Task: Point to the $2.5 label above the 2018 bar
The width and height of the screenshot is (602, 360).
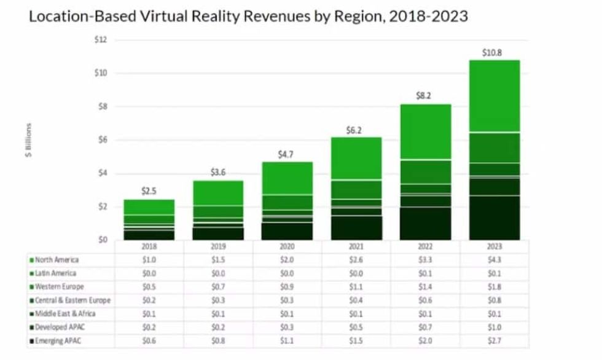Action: pyautogui.click(x=149, y=191)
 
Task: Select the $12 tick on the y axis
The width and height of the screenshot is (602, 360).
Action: pyautogui.click(x=100, y=40)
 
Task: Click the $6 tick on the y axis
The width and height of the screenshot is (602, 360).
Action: pyautogui.click(x=102, y=140)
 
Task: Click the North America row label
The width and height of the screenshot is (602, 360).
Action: pyautogui.click(x=57, y=260)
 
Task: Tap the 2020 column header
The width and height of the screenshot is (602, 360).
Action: pyautogui.click(x=287, y=246)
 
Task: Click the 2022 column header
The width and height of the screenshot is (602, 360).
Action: pyautogui.click(x=425, y=246)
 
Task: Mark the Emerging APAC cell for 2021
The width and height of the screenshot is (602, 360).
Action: pyautogui.click(x=356, y=341)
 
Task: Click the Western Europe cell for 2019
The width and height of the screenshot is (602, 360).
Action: pyautogui.click(x=218, y=287)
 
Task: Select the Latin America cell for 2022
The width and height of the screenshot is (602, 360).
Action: pyautogui.click(x=425, y=273)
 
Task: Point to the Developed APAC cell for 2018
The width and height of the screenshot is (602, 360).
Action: pyautogui.click(x=149, y=327)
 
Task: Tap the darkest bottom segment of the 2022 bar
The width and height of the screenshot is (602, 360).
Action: pyautogui.click(x=425, y=223)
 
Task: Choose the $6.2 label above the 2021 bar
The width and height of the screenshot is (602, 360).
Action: pyautogui.click(x=356, y=130)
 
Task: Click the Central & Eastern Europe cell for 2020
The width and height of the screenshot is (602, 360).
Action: pyautogui.click(x=287, y=300)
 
